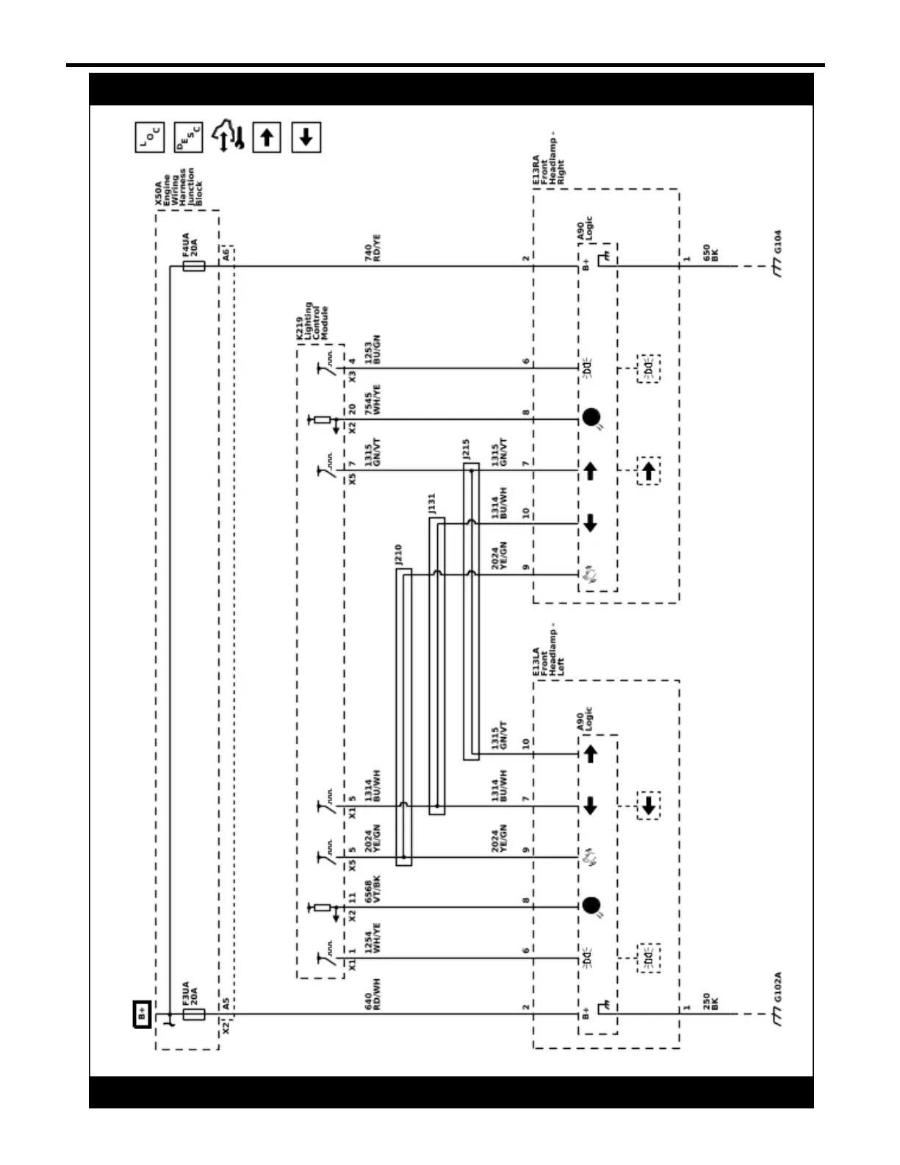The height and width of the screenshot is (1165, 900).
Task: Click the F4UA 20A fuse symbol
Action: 194,266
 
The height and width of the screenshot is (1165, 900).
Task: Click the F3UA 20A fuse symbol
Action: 194,1014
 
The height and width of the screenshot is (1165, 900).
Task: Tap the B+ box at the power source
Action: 142,1014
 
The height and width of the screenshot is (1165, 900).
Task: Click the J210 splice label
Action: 398,555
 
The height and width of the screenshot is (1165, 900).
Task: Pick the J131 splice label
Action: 432,503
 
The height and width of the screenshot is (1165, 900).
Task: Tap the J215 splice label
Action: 467,450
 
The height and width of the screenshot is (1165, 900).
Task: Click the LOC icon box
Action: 150,137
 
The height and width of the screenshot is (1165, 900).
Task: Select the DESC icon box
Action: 188,137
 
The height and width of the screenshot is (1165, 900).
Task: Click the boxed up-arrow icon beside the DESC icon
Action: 267,137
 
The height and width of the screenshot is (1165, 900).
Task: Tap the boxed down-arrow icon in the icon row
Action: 306,137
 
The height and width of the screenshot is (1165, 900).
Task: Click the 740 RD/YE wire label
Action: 372,249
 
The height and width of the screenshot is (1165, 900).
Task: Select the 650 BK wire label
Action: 710,254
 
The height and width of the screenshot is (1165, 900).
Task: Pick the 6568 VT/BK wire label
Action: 372,889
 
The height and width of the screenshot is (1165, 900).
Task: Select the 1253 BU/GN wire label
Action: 372,350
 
